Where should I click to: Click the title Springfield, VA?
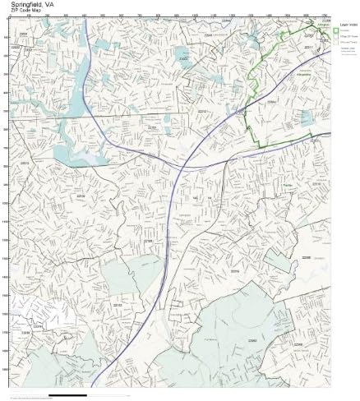[x=29, y=4]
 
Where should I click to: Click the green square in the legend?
[x=338, y=30]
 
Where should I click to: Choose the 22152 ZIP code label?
[x=81, y=196]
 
